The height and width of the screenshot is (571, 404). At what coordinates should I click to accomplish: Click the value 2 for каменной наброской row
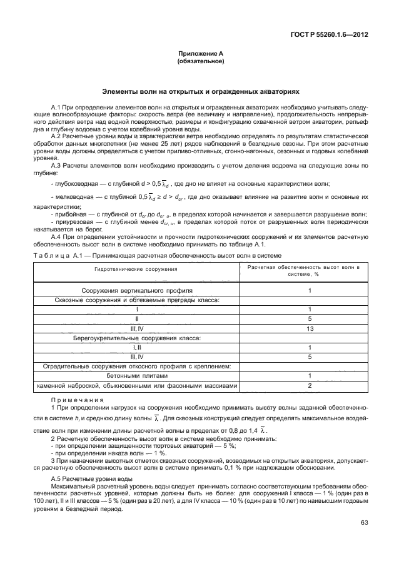310,386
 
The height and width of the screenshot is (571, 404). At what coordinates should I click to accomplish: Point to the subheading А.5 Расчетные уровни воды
91,478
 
